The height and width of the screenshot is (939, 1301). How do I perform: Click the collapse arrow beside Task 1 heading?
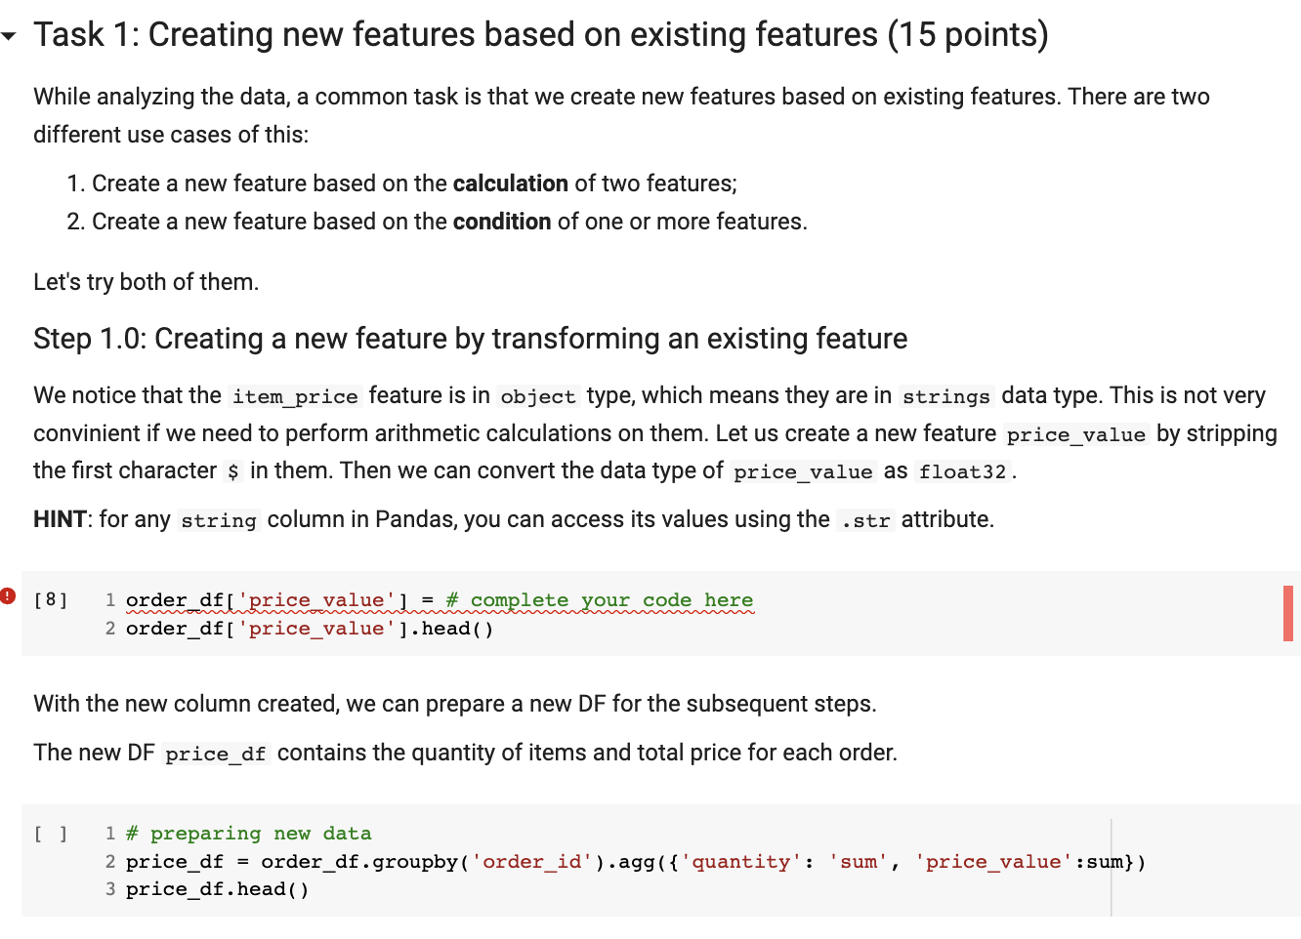(x=9, y=37)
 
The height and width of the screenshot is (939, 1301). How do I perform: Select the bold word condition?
(x=502, y=222)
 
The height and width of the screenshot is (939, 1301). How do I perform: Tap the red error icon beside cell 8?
(x=8, y=595)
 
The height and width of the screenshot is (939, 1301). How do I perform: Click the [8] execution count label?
(x=51, y=599)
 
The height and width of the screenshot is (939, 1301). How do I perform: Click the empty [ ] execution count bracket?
(x=51, y=834)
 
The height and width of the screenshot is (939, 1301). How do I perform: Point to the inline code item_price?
(x=295, y=396)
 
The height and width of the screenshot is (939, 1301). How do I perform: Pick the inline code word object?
(x=537, y=396)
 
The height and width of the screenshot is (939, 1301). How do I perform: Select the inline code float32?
(x=962, y=472)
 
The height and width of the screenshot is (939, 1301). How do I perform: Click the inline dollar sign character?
(x=232, y=472)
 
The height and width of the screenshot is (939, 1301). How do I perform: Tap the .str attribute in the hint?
(x=865, y=521)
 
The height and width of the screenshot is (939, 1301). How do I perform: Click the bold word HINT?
(x=60, y=519)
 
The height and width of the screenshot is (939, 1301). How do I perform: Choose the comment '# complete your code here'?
(x=599, y=600)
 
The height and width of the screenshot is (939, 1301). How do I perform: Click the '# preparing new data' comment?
(x=248, y=834)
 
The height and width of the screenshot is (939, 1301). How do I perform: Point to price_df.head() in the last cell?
(x=217, y=889)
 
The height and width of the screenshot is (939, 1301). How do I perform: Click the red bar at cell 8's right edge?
(x=1288, y=613)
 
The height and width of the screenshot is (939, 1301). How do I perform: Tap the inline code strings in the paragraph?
(x=945, y=396)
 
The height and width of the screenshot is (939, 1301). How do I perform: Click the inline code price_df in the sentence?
(x=215, y=755)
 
